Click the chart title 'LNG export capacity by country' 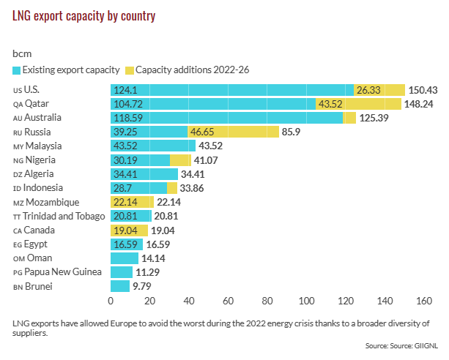84,15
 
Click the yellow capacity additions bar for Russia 233,132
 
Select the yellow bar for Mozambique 132,202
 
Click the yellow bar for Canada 129,230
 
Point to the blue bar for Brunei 119,286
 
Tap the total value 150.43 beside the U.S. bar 423,90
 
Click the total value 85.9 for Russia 294,132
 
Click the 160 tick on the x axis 423,301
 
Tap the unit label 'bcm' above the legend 23,53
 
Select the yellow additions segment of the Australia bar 349,118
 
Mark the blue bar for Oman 124,258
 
